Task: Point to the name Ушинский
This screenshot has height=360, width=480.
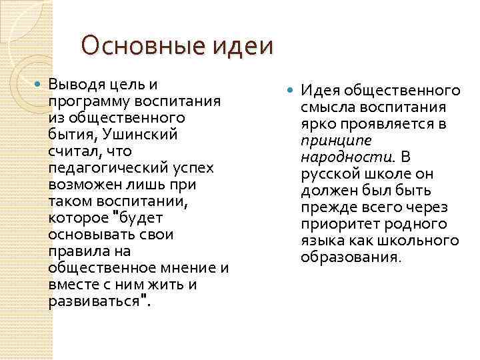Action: (144, 135)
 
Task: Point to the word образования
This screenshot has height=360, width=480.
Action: (350, 257)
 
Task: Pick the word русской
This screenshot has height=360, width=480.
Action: (331, 173)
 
